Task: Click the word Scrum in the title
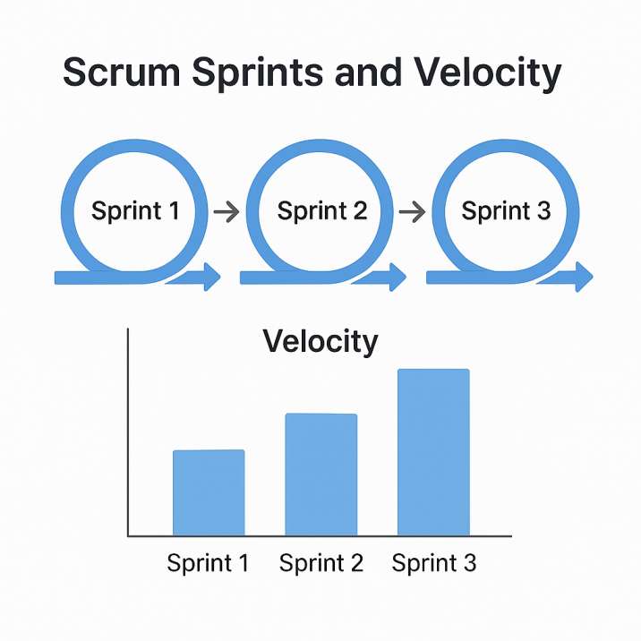[x=122, y=72]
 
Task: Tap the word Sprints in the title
[x=259, y=73]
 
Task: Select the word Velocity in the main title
[x=487, y=73]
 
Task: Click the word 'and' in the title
[x=368, y=72]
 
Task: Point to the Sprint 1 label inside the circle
[x=135, y=211]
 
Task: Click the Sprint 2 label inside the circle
[x=322, y=211]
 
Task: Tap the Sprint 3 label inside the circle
[x=506, y=211]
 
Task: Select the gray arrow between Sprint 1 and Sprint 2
[x=226, y=212]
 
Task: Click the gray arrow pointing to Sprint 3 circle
[x=412, y=212]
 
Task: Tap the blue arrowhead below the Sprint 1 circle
[x=212, y=277]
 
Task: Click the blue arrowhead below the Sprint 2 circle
[x=397, y=277]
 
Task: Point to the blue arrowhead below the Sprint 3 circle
[x=584, y=277]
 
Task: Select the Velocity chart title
[x=320, y=342]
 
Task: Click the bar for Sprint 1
[x=209, y=492]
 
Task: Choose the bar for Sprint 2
[x=321, y=474]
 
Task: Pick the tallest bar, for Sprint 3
[x=433, y=452]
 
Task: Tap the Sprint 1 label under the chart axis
[x=208, y=563]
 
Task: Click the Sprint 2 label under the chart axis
[x=321, y=563]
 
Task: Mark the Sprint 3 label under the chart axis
[x=434, y=563]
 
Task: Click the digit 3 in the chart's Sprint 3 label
[x=470, y=562]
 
